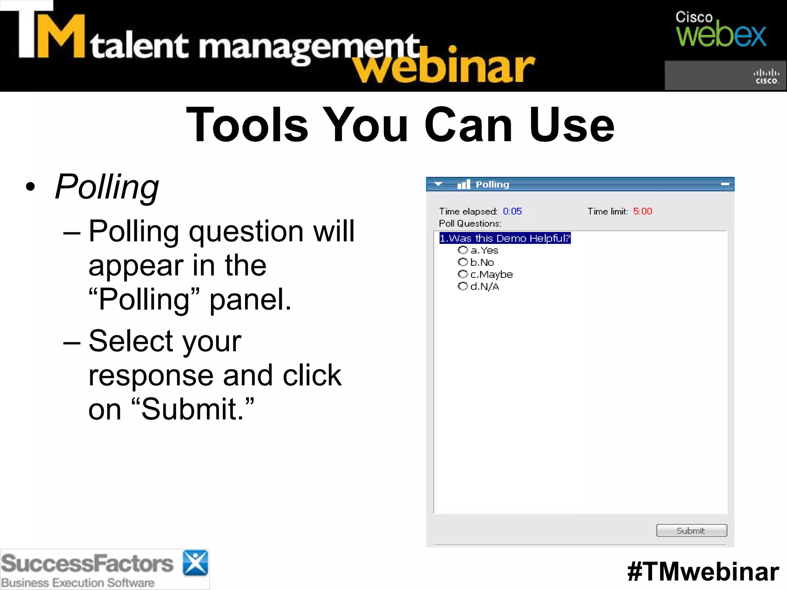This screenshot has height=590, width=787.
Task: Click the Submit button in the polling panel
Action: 691,530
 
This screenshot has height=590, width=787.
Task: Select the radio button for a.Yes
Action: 463,250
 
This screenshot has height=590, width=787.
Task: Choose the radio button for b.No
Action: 463,262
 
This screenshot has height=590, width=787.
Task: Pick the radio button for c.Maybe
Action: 463,274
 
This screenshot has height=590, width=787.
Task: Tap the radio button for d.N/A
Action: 463,286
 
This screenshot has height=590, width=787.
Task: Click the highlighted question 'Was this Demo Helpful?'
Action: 505,238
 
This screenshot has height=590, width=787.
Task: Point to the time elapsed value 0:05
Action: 512,211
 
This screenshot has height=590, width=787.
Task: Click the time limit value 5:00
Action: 643,211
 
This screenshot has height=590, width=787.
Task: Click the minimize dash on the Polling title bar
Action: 725,184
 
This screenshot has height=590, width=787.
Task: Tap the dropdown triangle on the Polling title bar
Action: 438,184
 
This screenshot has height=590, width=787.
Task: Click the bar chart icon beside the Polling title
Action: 464,184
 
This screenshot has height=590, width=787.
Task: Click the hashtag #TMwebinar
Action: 703,572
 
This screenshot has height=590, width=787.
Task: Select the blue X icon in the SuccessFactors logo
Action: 195,563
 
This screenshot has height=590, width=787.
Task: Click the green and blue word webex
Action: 721,36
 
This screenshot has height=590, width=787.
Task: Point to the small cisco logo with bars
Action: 766,76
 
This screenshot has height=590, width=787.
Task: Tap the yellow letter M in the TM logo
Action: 61,36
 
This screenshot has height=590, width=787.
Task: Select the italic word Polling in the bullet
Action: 107,187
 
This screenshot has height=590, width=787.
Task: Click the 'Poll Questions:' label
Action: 470,224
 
